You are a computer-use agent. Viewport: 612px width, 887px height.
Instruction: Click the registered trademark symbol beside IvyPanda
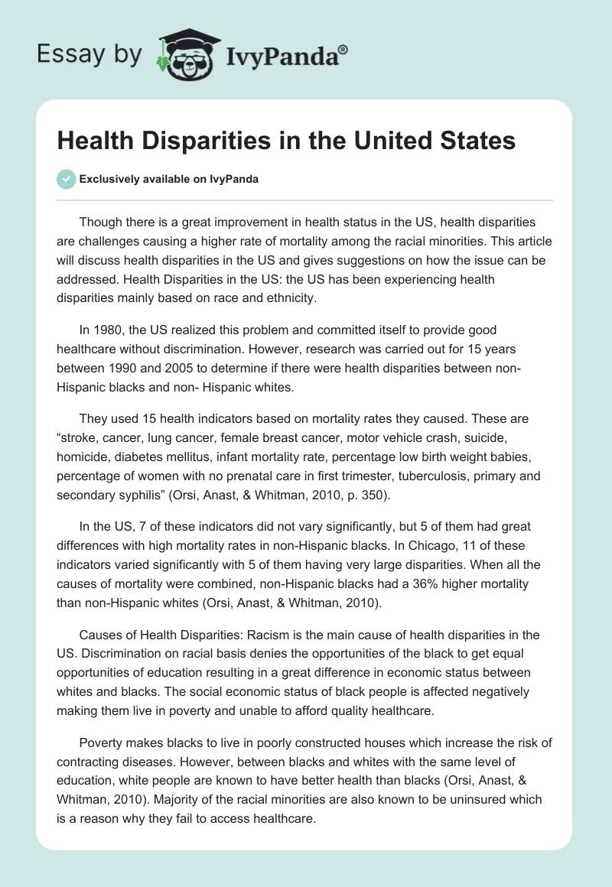[343, 49]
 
